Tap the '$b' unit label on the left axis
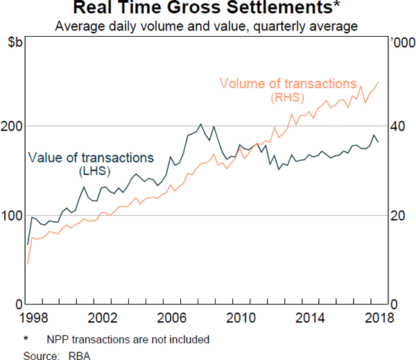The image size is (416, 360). click(15, 43)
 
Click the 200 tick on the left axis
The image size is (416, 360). click(13, 126)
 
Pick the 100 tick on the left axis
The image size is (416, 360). click(13, 216)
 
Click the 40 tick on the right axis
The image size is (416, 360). click(397, 126)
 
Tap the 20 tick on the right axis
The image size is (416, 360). click(397, 216)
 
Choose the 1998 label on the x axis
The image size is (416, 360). click(28, 318)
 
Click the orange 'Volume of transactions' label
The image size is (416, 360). click(288, 84)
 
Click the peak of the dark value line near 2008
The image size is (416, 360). click(200, 124)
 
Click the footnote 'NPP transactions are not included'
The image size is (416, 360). click(128, 340)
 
